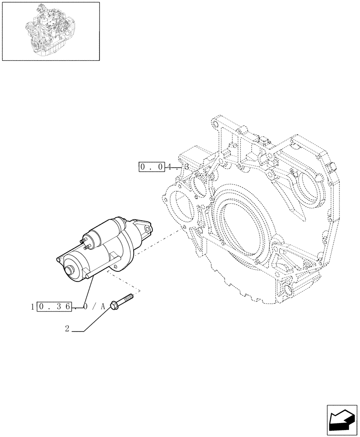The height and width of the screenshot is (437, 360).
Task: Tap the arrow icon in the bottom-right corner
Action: point(342,420)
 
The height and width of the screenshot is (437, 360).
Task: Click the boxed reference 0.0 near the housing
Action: point(151,167)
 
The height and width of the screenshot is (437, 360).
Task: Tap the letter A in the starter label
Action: point(103,307)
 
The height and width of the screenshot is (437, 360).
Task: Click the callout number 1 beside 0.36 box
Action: point(33,307)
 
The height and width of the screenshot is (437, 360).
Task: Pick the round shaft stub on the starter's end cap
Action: point(69,271)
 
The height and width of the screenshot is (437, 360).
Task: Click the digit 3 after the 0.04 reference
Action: point(187,167)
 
